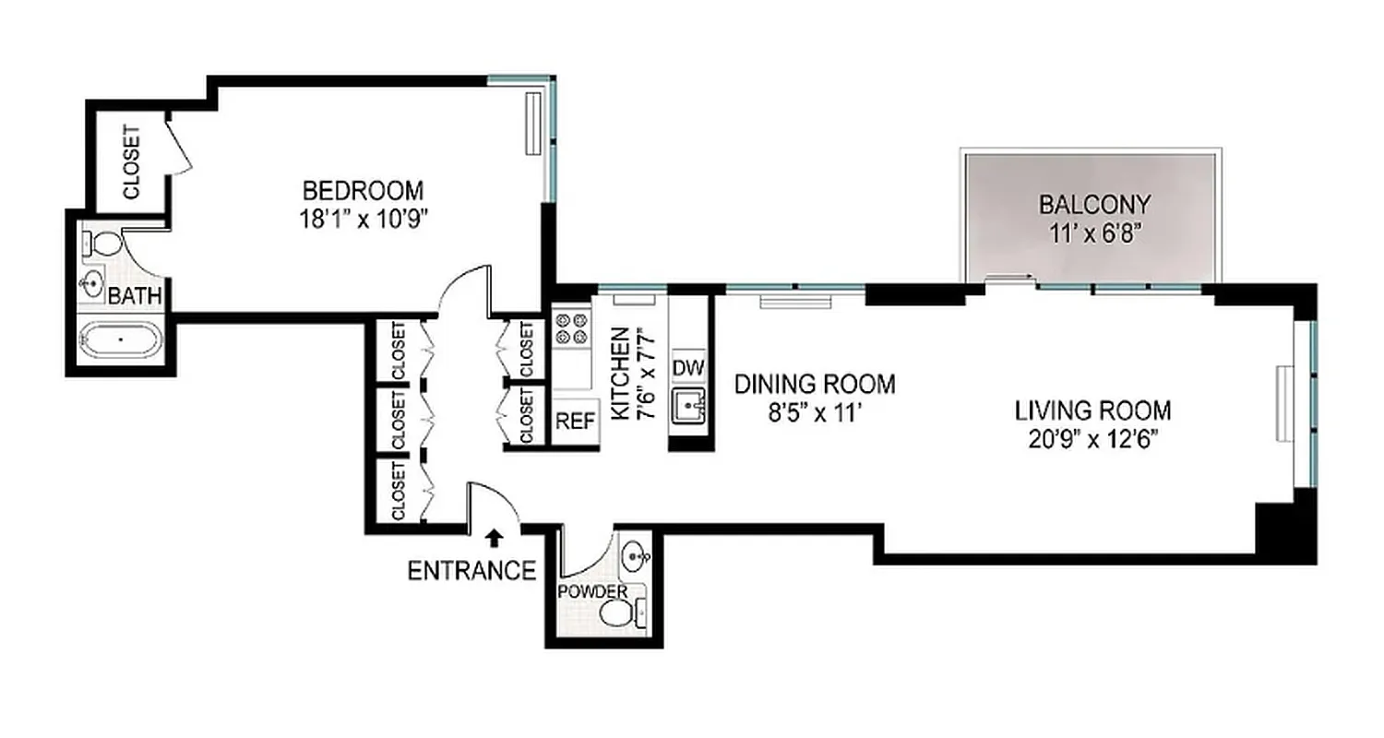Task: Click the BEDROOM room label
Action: click(x=364, y=191)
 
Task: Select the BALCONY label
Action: click(x=1094, y=203)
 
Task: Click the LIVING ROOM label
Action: click(x=1093, y=410)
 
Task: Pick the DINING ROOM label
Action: click(x=815, y=384)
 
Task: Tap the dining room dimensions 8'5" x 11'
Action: click(x=815, y=412)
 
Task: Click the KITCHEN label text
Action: click(x=619, y=373)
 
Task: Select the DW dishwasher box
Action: click(x=688, y=368)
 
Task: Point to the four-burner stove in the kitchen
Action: click(x=572, y=329)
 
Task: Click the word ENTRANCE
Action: click(x=471, y=571)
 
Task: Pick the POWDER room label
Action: click(x=592, y=591)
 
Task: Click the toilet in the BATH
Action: click(x=103, y=244)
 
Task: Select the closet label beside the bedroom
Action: click(x=132, y=162)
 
